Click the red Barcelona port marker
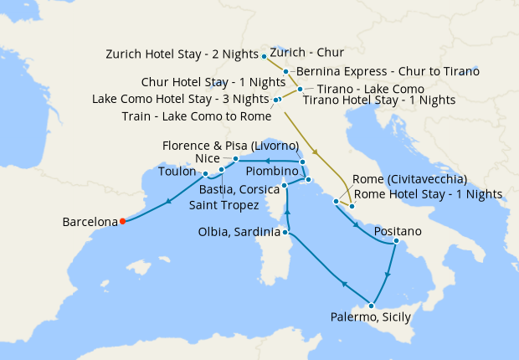[x=122, y=221]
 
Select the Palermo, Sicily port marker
[x=370, y=306]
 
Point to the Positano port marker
[x=395, y=243]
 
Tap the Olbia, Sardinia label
[x=239, y=232]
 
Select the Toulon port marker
[x=204, y=173]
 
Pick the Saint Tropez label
[x=224, y=203]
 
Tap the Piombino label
[x=248, y=171]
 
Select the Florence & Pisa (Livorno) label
[x=231, y=145]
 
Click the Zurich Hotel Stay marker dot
[x=264, y=56]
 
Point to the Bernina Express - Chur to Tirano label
[x=388, y=71]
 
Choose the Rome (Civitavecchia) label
[x=410, y=179]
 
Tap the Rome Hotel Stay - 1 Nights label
[x=428, y=193]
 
